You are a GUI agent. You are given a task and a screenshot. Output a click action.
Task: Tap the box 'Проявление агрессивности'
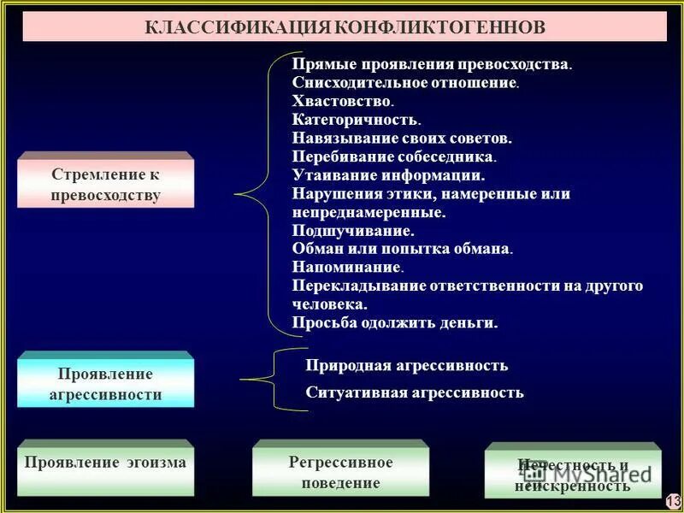tap(105, 384)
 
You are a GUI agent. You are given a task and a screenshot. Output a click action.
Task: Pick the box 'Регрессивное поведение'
tap(340, 473)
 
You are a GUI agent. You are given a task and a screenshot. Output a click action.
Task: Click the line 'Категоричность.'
tap(356, 120)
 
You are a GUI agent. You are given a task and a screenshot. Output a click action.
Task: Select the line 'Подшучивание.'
tap(353, 231)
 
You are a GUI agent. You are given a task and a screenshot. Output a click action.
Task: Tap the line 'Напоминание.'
tap(348, 268)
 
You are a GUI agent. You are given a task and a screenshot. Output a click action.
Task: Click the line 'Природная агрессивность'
tap(406, 366)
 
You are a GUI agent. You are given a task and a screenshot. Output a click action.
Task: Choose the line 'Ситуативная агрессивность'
tap(415, 393)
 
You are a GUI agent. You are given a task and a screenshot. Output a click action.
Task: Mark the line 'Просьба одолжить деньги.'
tap(394, 323)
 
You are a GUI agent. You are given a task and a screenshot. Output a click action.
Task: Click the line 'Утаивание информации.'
tap(388, 175)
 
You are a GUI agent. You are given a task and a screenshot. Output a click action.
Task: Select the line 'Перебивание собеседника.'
tap(394, 156)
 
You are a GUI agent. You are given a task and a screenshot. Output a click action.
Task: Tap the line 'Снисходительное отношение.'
tap(405, 83)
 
